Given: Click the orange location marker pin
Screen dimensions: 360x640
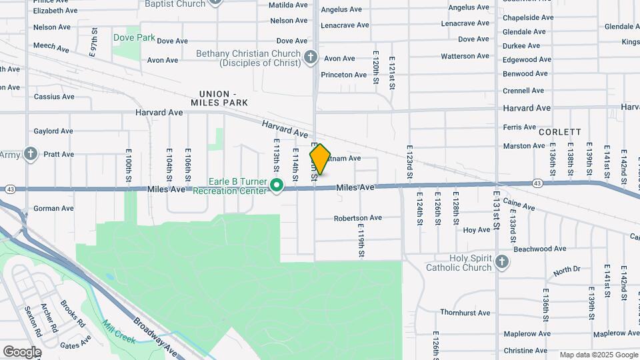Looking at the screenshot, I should pyautogui.click(x=320, y=159).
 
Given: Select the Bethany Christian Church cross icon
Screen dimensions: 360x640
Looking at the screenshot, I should pyautogui.click(x=310, y=57).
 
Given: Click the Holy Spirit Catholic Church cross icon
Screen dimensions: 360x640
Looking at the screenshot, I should pyautogui.click(x=502, y=262).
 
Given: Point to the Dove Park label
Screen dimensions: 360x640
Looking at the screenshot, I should pyautogui.click(x=134, y=38).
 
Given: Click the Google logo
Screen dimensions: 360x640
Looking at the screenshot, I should pyautogui.click(x=22, y=351).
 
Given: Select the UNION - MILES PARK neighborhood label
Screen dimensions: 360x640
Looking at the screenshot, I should pyautogui.click(x=219, y=98).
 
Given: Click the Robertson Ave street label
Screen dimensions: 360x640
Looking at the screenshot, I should pyautogui.click(x=358, y=217).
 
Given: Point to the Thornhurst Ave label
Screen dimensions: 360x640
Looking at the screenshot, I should pyautogui.click(x=465, y=312).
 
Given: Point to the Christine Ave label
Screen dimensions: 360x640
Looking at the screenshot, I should pyautogui.click(x=525, y=351).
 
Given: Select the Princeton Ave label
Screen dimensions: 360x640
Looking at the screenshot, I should pyautogui.click(x=344, y=75).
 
